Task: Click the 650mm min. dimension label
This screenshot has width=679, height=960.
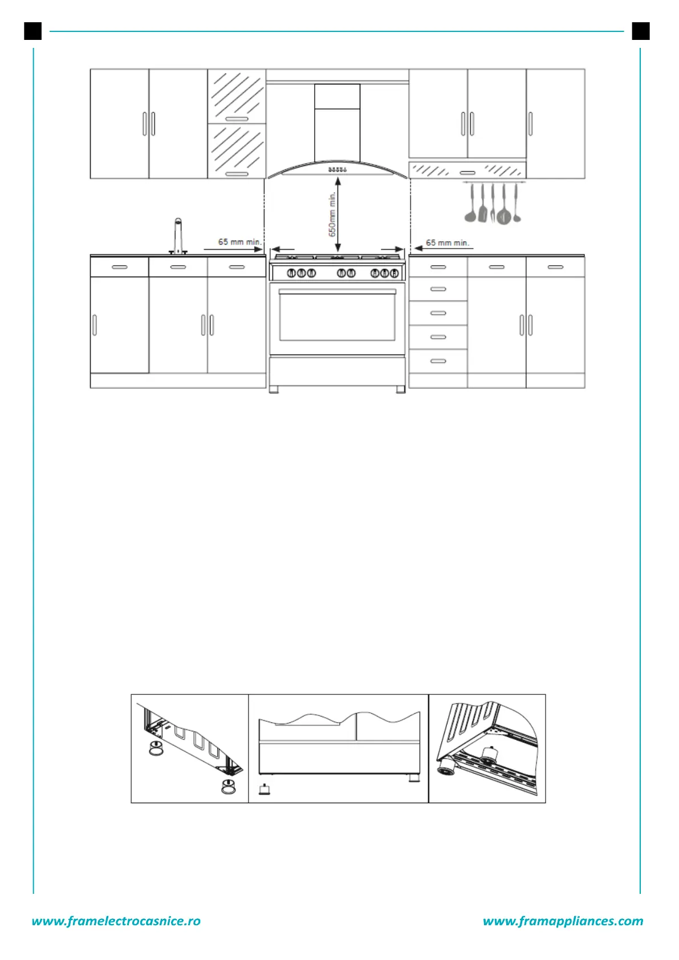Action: click(332, 214)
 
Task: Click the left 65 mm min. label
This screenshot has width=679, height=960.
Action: click(239, 242)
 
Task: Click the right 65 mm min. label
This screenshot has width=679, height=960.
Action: click(448, 242)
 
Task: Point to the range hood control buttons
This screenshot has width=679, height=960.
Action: click(338, 169)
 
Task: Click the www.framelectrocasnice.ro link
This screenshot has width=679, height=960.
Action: click(116, 921)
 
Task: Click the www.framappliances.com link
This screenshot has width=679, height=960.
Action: click(563, 921)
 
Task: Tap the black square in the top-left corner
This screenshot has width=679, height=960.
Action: click(33, 31)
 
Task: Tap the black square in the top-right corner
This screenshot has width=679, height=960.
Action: click(641, 31)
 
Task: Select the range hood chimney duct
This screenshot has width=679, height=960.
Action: click(337, 123)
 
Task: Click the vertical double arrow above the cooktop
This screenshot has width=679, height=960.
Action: click(338, 214)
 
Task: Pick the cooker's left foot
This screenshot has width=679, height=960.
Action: click(274, 390)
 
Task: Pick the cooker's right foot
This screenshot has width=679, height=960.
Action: click(400, 390)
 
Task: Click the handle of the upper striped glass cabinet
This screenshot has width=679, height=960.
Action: click(237, 119)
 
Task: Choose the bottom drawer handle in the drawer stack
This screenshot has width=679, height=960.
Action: click(438, 361)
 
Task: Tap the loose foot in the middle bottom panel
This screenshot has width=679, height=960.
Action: click(264, 790)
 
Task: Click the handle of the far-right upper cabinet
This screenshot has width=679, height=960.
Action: click(531, 124)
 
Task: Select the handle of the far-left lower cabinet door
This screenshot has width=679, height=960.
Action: click(95, 325)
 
